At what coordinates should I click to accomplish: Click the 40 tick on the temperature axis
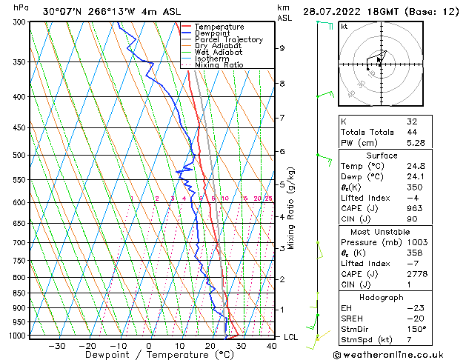pos(272,346)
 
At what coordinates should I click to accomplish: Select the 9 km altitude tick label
pos(282,48)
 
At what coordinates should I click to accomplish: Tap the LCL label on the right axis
pos(292,337)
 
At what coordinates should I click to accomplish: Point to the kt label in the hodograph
pos(344,26)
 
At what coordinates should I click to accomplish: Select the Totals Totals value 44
pos(412,132)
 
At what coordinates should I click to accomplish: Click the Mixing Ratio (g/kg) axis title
pos(292,208)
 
